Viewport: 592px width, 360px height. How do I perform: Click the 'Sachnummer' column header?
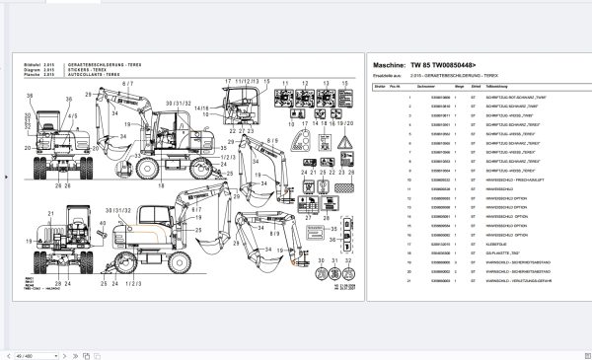pyautogui.click(x=426, y=87)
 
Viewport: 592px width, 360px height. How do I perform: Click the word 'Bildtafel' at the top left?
pyautogui.click(x=29, y=62)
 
